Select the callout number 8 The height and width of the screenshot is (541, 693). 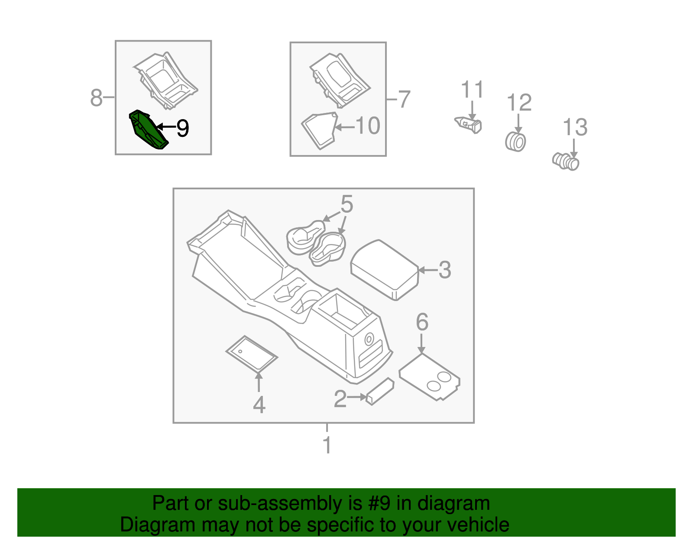(x=96, y=97)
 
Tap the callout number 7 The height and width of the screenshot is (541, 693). (x=404, y=100)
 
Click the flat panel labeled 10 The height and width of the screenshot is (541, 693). (x=319, y=131)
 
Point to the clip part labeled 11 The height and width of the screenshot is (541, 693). (x=468, y=125)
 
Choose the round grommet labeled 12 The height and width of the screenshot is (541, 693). (x=515, y=142)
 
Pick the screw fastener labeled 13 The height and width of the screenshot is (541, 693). (x=566, y=162)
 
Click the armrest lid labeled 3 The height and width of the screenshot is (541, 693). (x=385, y=270)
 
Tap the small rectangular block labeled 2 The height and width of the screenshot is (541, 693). (x=380, y=392)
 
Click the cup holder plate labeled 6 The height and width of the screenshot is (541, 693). (x=429, y=377)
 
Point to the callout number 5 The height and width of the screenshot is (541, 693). (x=346, y=204)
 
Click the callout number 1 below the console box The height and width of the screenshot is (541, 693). (x=327, y=444)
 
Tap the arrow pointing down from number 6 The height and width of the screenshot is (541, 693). (x=421, y=343)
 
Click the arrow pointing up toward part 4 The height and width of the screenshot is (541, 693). (x=259, y=382)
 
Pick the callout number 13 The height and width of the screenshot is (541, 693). (x=575, y=127)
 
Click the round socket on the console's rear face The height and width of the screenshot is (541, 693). (x=369, y=339)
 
